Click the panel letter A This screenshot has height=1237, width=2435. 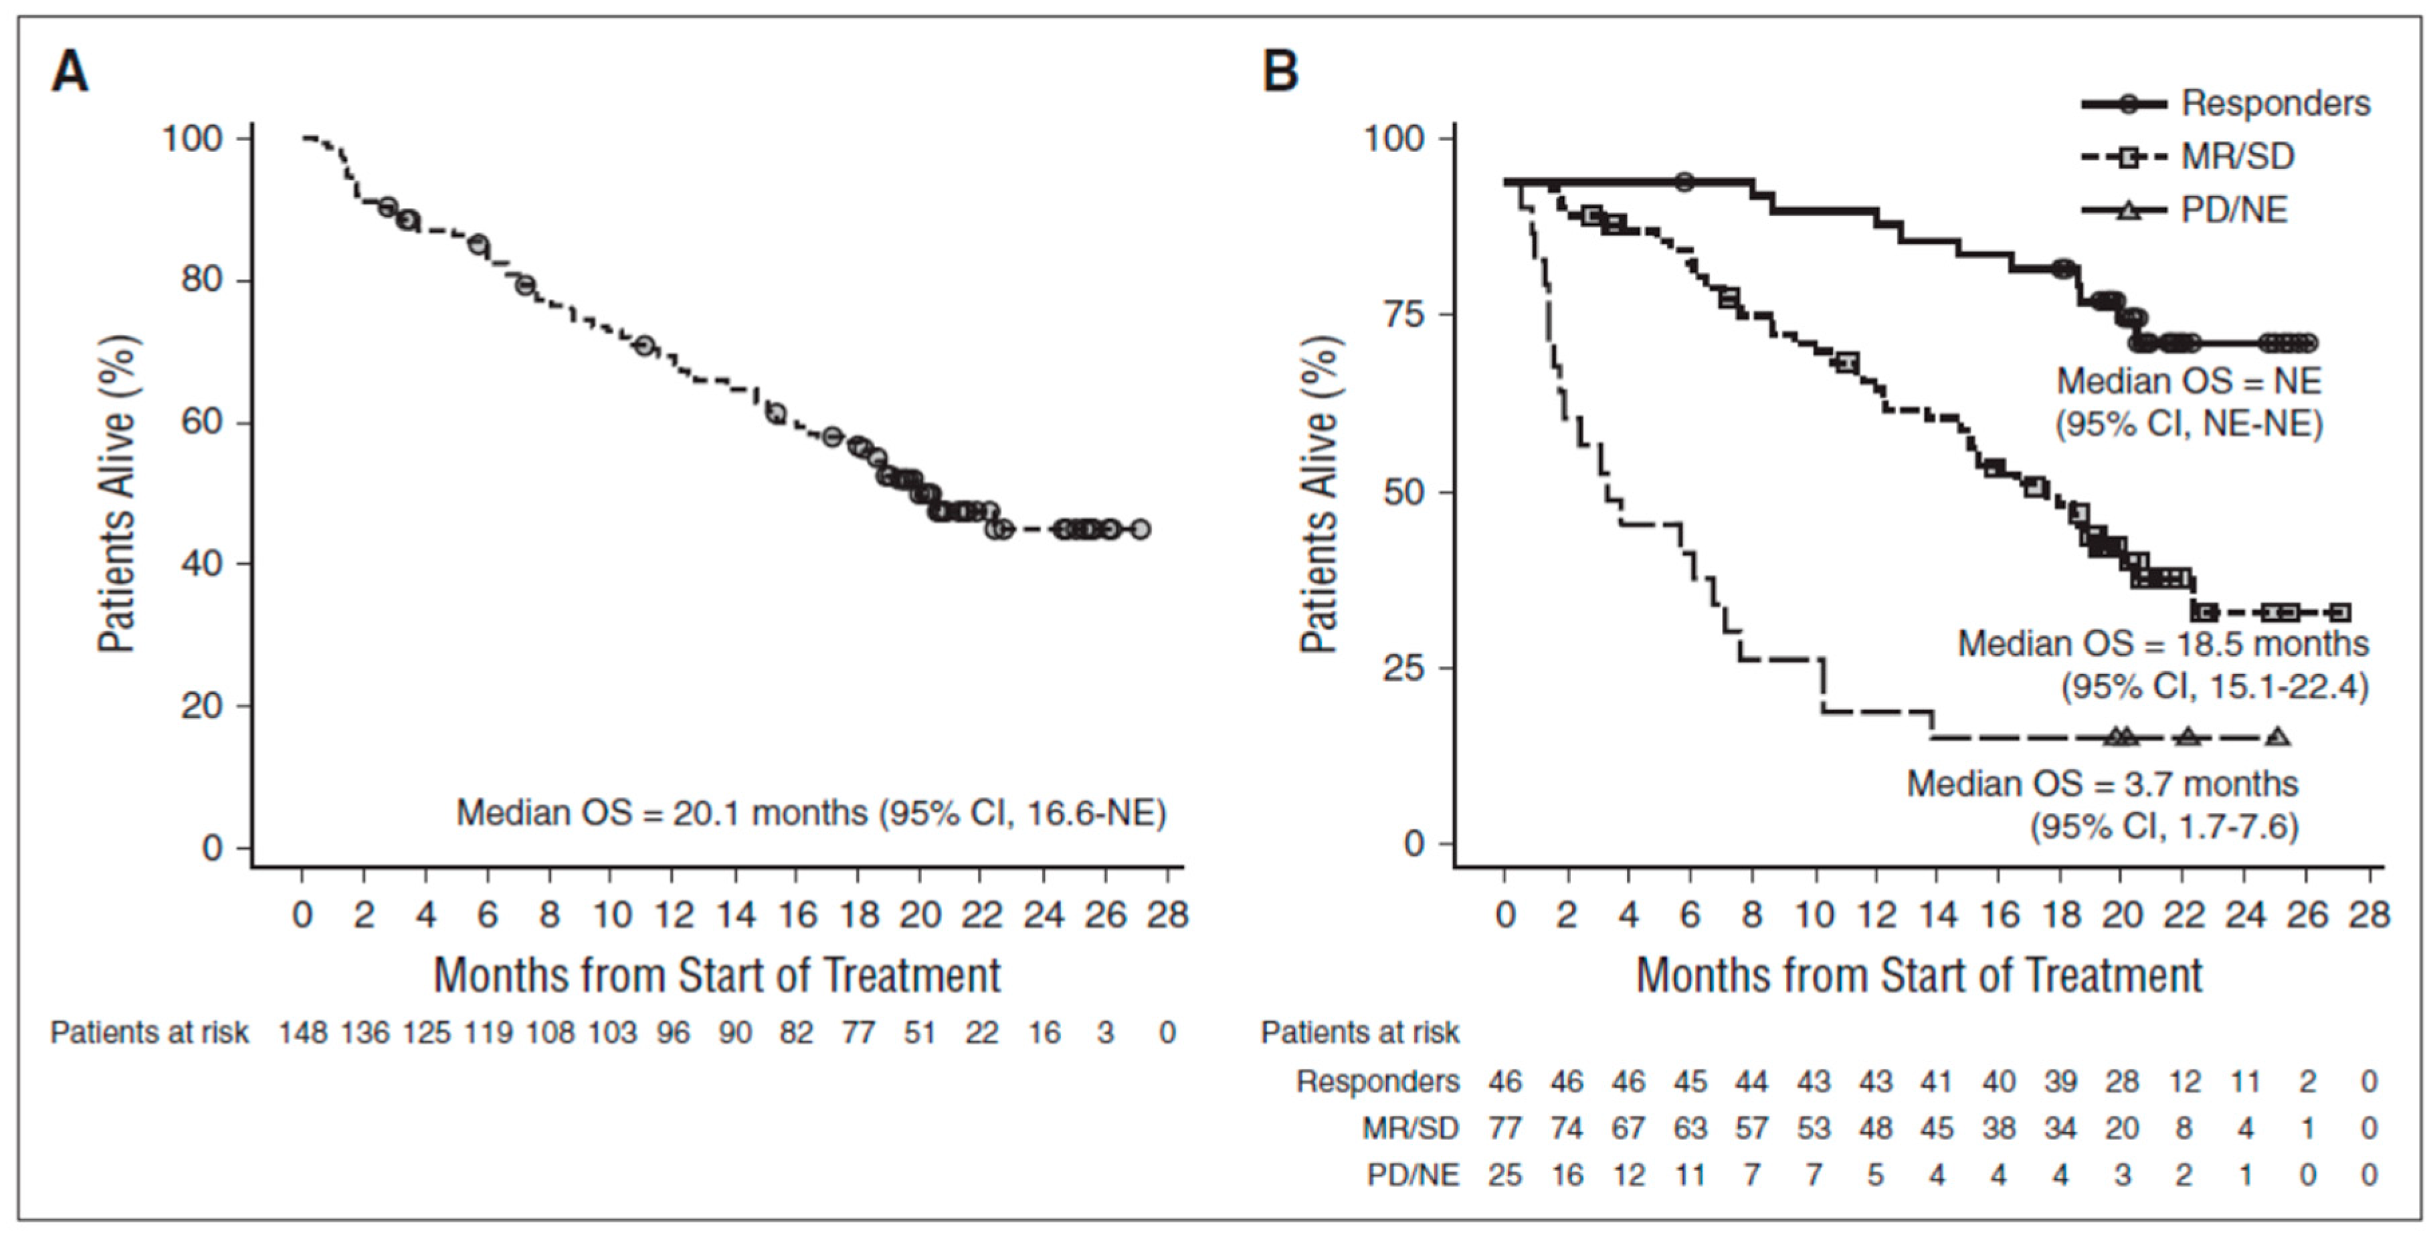(70, 72)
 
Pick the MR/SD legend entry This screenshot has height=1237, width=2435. (2236, 156)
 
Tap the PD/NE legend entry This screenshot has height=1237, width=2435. (2234, 209)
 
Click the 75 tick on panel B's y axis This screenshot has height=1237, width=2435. (1403, 315)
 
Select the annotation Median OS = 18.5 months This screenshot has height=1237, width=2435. (2163, 643)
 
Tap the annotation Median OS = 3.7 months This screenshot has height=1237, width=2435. (2101, 784)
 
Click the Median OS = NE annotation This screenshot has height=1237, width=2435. (2188, 381)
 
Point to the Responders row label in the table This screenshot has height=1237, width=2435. (1377, 1081)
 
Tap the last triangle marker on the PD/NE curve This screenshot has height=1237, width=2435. (2278, 737)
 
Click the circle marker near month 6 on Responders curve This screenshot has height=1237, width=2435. (1684, 181)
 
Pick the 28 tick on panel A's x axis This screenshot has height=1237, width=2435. (1167, 915)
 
